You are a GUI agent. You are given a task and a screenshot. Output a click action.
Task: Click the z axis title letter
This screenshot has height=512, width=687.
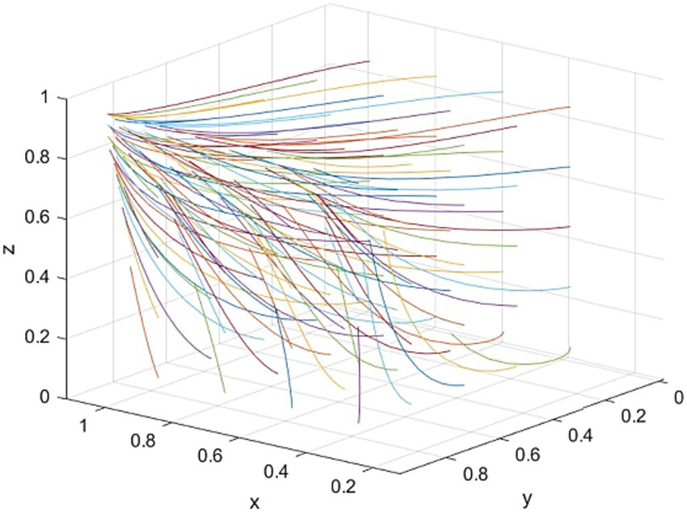point(11,249)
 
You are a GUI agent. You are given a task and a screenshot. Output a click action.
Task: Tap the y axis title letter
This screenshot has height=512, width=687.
point(526,494)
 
